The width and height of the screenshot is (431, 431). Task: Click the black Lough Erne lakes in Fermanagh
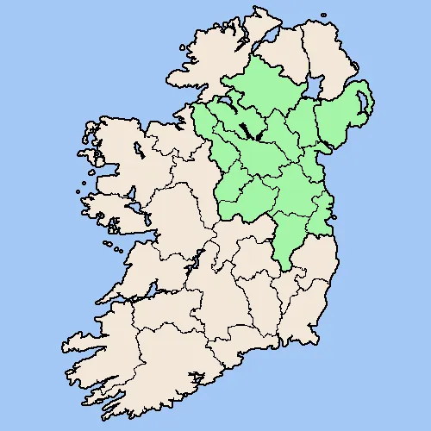point(247,131)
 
